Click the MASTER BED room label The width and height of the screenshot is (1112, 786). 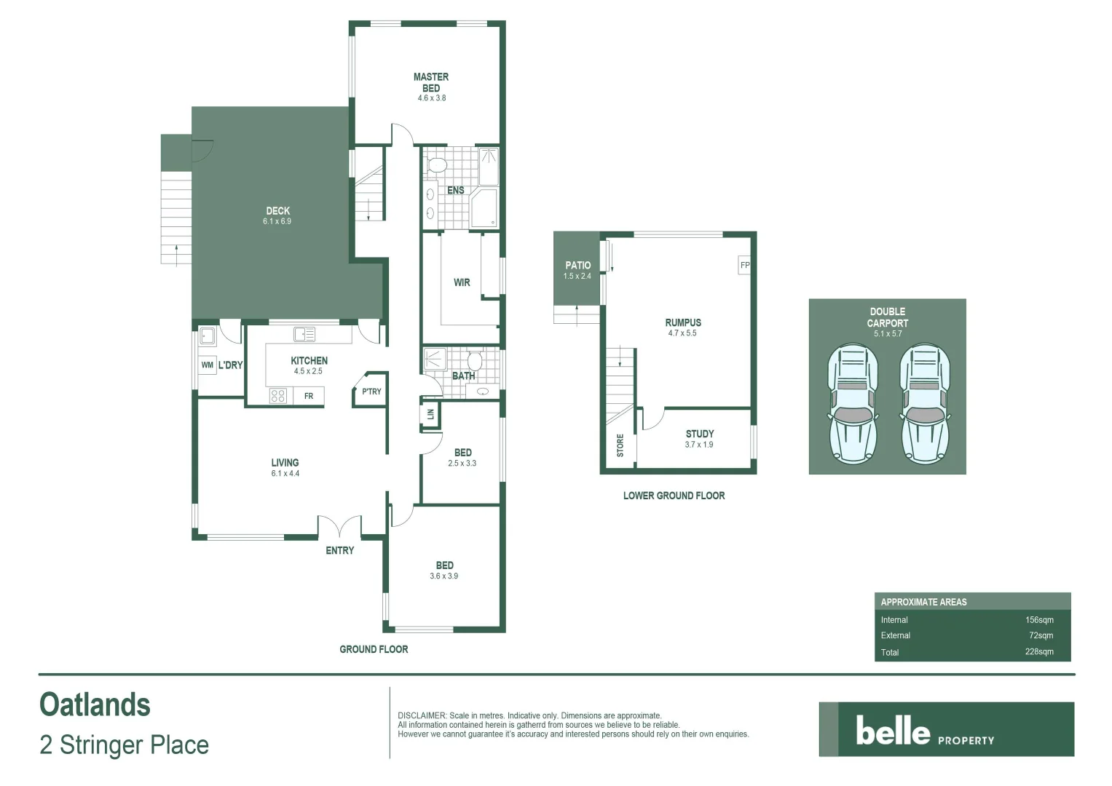431,82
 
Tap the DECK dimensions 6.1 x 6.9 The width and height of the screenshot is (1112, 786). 277,221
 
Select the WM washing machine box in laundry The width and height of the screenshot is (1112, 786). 208,365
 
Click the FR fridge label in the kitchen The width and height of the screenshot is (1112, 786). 309,396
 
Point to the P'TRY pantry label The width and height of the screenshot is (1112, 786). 371,392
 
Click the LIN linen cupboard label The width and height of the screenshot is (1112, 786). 430,414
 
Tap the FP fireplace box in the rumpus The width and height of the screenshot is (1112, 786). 744,265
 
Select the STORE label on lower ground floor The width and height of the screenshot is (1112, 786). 620,445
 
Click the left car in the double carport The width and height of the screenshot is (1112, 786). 852,405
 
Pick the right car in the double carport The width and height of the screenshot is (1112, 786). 925,405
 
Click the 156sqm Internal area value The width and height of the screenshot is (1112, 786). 1039,620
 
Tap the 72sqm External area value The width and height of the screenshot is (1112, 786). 1041,635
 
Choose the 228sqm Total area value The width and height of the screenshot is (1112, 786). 1039,652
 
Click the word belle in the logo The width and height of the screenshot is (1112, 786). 893,731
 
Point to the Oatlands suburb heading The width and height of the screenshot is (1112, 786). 95,704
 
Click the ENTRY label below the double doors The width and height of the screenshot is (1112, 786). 339,550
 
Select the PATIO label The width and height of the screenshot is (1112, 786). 577,266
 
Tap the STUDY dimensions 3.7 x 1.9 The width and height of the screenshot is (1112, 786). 698,445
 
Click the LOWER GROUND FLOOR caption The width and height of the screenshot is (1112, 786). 674,496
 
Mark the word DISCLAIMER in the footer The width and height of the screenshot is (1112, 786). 422,716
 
